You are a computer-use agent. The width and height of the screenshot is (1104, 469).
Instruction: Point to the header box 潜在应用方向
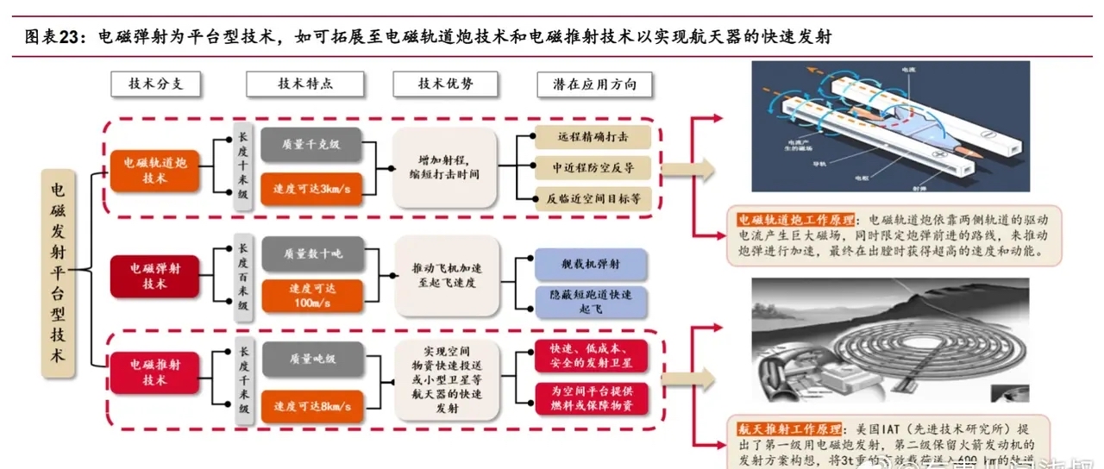pos(594,84)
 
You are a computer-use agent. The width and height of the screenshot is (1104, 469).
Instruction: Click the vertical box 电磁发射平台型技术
pos(58,273)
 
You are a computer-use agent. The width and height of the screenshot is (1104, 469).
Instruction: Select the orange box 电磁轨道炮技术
pos(155,170)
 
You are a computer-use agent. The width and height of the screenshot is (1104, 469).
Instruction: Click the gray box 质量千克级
pos(311,144)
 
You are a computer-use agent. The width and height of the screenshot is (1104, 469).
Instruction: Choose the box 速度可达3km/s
pos(311,189)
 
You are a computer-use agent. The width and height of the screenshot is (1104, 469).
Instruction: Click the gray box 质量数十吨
pos(311,253)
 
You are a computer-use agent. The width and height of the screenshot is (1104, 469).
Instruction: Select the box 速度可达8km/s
pos(311,405)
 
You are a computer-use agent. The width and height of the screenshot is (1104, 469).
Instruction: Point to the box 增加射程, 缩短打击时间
pos(446,167)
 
